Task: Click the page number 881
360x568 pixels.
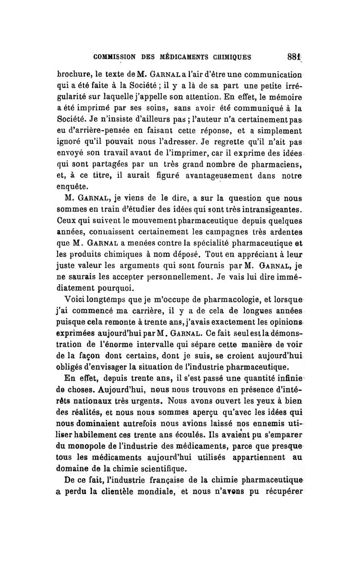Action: (x=293, y=58)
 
